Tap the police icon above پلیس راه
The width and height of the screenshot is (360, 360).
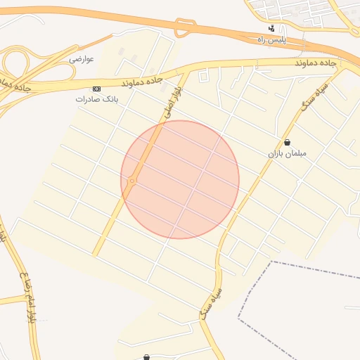(x=272, y=29)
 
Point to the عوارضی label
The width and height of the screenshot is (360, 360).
(x=82, y=59)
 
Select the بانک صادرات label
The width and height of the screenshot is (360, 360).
(x=97, y=100)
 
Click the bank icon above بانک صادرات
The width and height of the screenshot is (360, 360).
(x=96, y=89)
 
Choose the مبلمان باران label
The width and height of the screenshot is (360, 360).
(x=287, y=153)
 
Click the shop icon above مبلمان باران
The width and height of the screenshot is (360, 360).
(x=287, y=142)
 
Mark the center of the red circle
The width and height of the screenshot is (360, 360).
(x=180, y=179)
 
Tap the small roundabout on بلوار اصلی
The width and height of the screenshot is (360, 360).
(x=132, y=181)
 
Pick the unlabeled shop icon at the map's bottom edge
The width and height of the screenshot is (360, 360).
(x=146, y=357)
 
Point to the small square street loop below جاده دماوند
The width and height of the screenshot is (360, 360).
(x=204, y=76)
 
